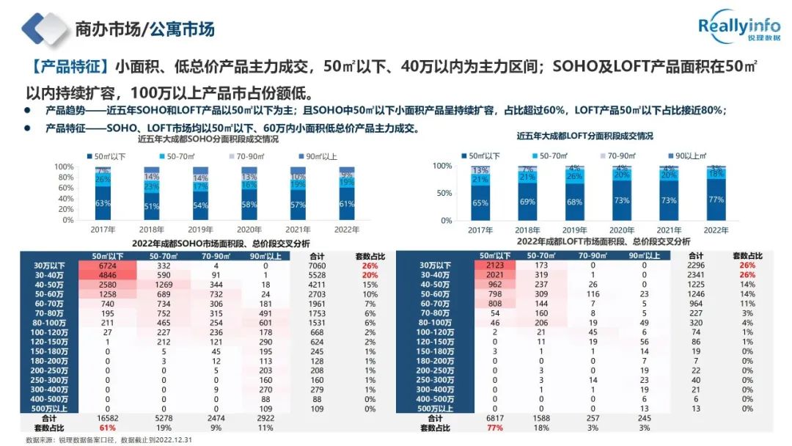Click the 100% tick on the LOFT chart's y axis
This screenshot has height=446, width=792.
coord(441,166)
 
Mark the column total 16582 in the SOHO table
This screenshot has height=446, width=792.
coord(108,418)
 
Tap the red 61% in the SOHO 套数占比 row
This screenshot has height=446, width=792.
coord(108,428)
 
